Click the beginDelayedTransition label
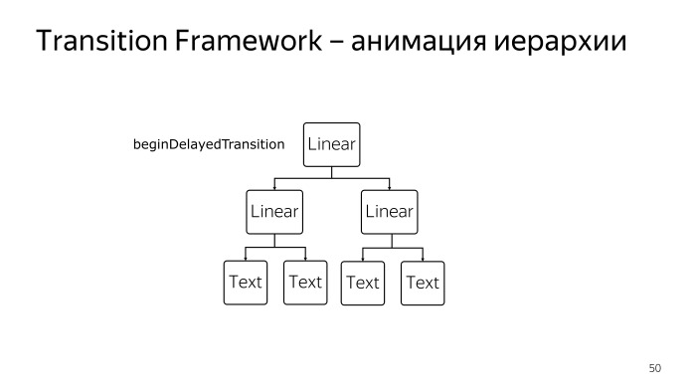click(x=209, y=145)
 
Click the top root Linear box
click(x=331, y=145)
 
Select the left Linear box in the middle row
click(x=274, y=212)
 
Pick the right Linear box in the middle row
click(x=389, y=212)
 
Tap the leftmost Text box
click(x=245, y=283)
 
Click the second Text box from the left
click(x=305, y=283)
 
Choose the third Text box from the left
click(x=362, y=283)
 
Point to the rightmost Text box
click(x=422, y=283)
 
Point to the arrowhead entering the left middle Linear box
click(x=274, y=187)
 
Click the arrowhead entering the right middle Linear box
click(x=389, y=187)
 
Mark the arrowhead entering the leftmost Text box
click(x=245, y=258)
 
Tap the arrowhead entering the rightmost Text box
click(x=422, y=258)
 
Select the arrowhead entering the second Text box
click(x=305, y=258)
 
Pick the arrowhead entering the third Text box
click(x=362, y=258)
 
